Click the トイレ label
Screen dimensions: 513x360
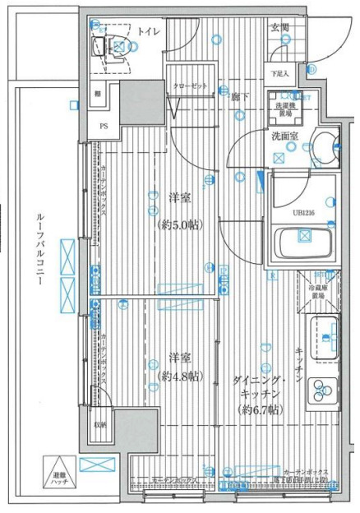click(148, 31)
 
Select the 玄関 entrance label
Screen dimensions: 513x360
click(279, 28)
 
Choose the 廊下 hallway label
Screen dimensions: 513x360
click(239, 96)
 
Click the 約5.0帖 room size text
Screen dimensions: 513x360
click(179, 224)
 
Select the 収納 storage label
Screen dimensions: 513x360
click(99, 424)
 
